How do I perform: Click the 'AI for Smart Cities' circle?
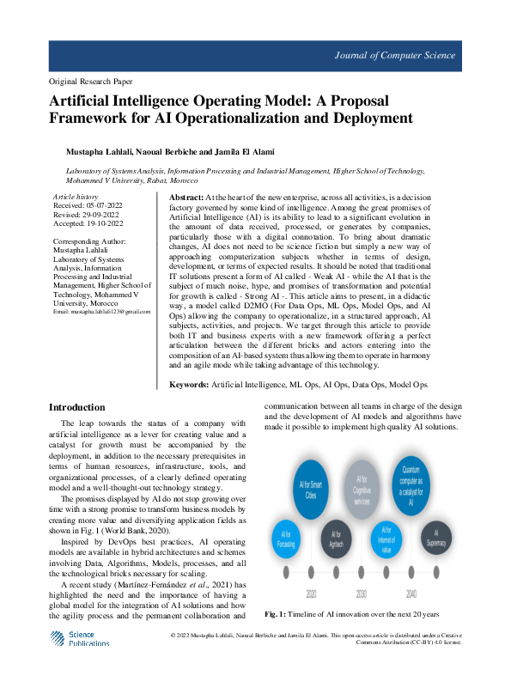311,490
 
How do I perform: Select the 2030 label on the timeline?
361,594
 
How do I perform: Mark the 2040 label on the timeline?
413,594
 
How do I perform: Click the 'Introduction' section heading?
77,407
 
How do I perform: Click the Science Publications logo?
79,639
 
